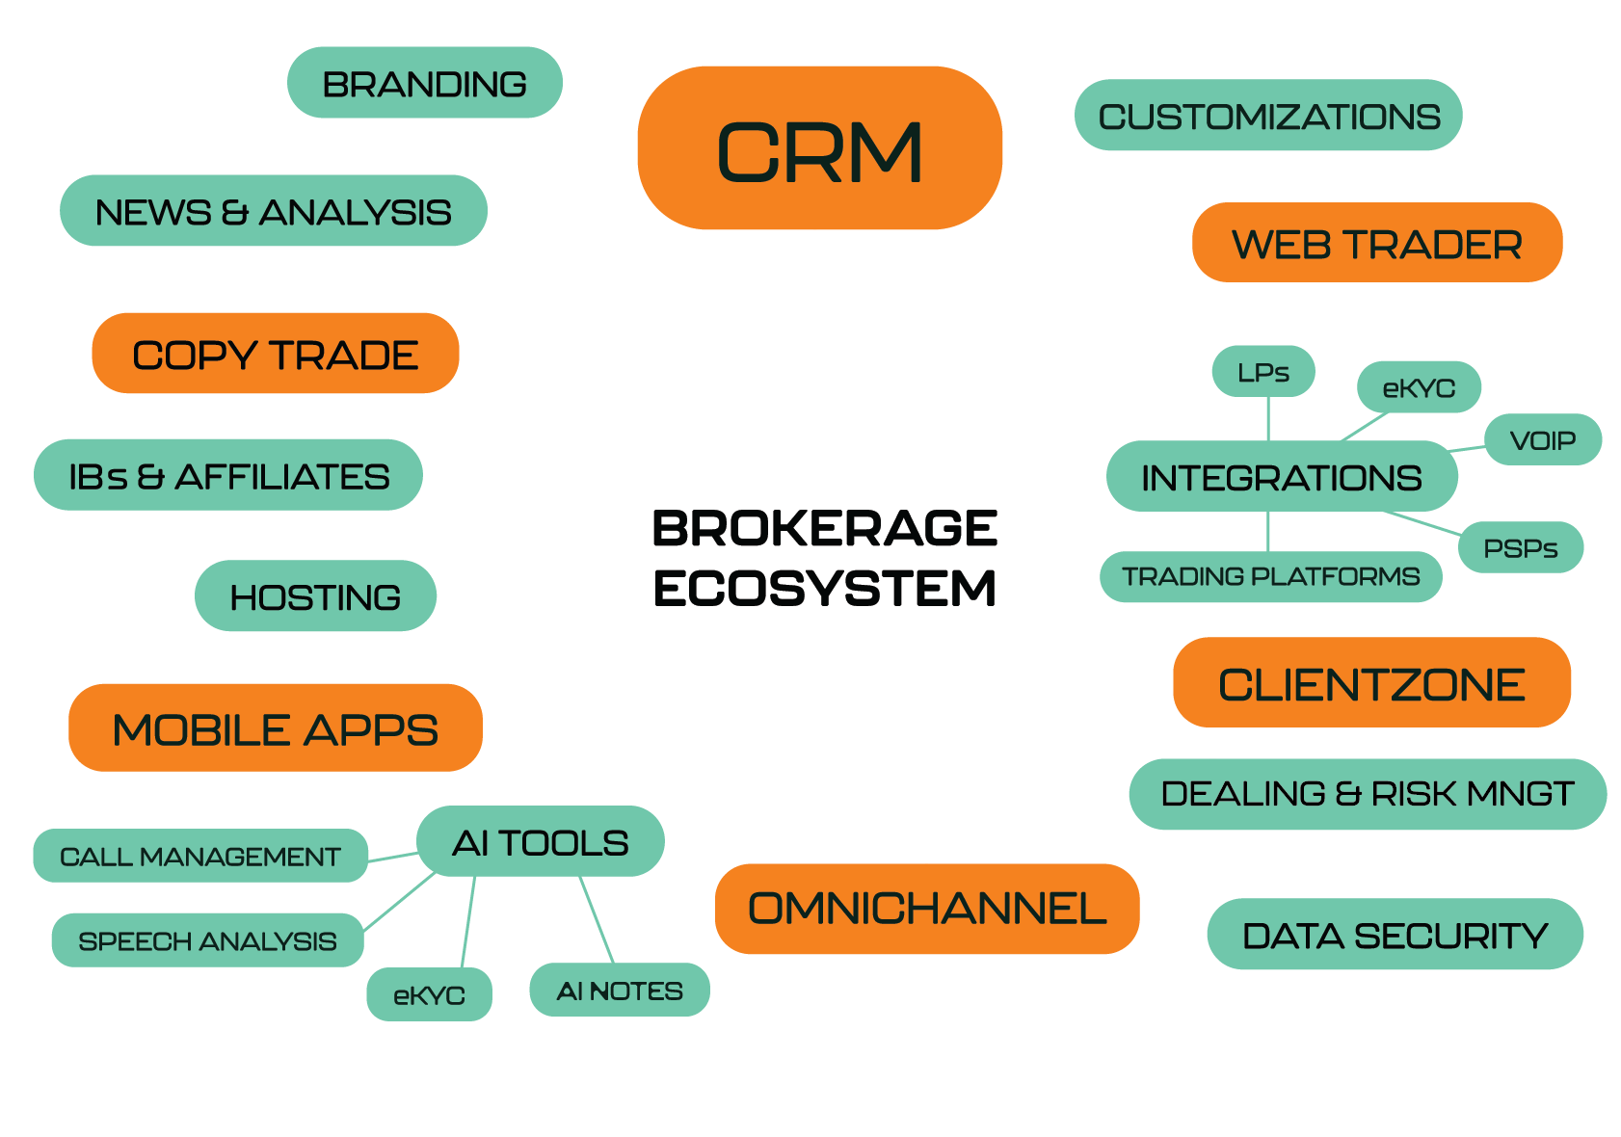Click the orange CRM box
819,148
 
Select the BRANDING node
424,83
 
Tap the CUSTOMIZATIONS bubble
1268,116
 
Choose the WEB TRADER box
1376,243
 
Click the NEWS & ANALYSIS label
273,211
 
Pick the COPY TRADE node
275,354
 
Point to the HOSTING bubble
315,596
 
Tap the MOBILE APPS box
275,728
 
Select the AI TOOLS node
540,842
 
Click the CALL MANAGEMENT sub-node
200,856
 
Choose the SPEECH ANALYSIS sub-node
207,940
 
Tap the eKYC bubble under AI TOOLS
429,994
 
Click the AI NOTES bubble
620,990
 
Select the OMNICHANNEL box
927,909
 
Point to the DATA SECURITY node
1395,935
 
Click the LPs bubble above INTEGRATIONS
1262,372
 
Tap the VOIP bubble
1543,440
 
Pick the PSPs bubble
1521,547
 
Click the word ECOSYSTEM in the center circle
825,588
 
